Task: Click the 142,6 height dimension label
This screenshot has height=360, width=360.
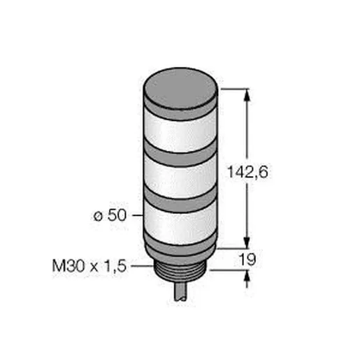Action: tap(247, 172)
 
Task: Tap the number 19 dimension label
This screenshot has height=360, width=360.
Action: tap(247, 259)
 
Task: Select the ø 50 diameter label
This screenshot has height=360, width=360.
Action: tap(110, 215)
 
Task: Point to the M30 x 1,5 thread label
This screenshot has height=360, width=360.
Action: tap(89, 266)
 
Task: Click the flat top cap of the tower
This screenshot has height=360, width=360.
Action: tap(180, 88)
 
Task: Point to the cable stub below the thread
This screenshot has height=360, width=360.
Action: tap(181, 291)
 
